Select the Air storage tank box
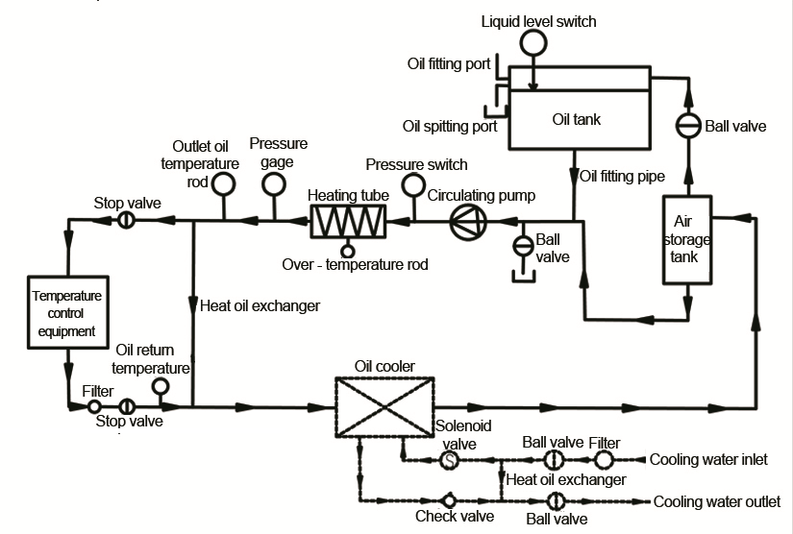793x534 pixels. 686,239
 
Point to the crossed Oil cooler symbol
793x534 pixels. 382,406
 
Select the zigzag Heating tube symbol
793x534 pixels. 349,221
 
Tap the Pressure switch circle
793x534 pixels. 413,183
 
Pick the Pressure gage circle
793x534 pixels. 274,182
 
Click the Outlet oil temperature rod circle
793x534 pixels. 224,182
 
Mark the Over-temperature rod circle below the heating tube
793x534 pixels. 349,252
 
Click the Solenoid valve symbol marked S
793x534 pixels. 449,461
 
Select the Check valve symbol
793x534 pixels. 449,500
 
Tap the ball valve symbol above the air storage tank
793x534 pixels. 686,126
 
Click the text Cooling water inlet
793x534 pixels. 708,460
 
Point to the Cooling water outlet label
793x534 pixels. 717,501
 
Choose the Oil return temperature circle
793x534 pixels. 161,386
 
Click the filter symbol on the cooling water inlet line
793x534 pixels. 602,460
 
